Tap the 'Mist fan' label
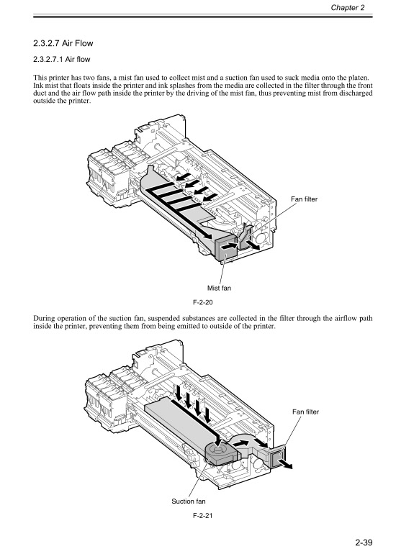(x=223, y=288)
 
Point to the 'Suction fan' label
(x=189, y=501)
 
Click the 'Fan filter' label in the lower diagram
(x=305, y=412)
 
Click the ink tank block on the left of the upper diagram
(x=100, y=173)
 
